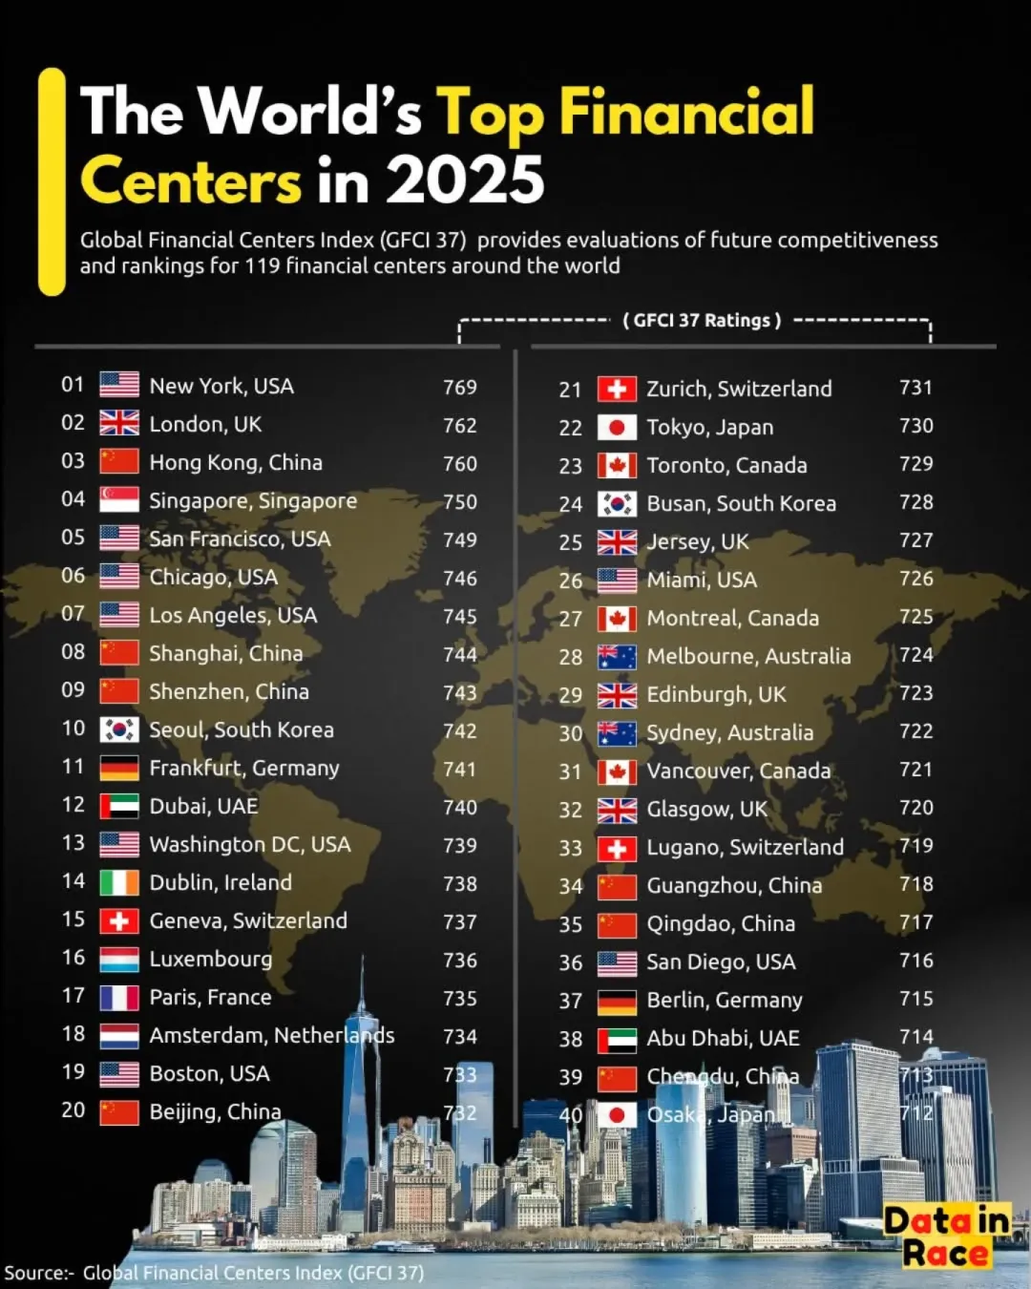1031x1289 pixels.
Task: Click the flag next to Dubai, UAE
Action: (x=119, y=807)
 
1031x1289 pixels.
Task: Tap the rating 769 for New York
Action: (x=459, y=388)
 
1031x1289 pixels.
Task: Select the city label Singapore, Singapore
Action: (x=253, y=501)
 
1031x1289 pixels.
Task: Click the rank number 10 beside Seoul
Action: (x=74, y=729)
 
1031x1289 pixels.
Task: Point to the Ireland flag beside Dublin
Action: (x=119, y=883)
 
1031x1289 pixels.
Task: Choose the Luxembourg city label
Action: (x=211, y=960)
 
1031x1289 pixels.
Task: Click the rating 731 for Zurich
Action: (x=915, y=388)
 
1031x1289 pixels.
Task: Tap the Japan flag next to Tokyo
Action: (x=617, y=428)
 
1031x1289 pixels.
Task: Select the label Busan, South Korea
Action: (x=741, y=504)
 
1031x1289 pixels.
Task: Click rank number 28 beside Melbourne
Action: (x=571, y=657)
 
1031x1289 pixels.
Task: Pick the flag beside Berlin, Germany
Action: (x=617, y=1002)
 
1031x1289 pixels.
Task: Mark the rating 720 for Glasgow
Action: (x=915, y=808)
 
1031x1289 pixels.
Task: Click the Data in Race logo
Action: (x=946, y=1236)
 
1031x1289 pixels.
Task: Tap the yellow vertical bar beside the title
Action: (x=52, y=181)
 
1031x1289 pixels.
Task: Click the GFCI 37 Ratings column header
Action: (x=702, y=321)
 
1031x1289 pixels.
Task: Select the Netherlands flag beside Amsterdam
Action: (x=119, y=1036)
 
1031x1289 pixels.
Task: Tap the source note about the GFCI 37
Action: (x=214, y=1273)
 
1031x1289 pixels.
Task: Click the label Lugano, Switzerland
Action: (x=745, y=848)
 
